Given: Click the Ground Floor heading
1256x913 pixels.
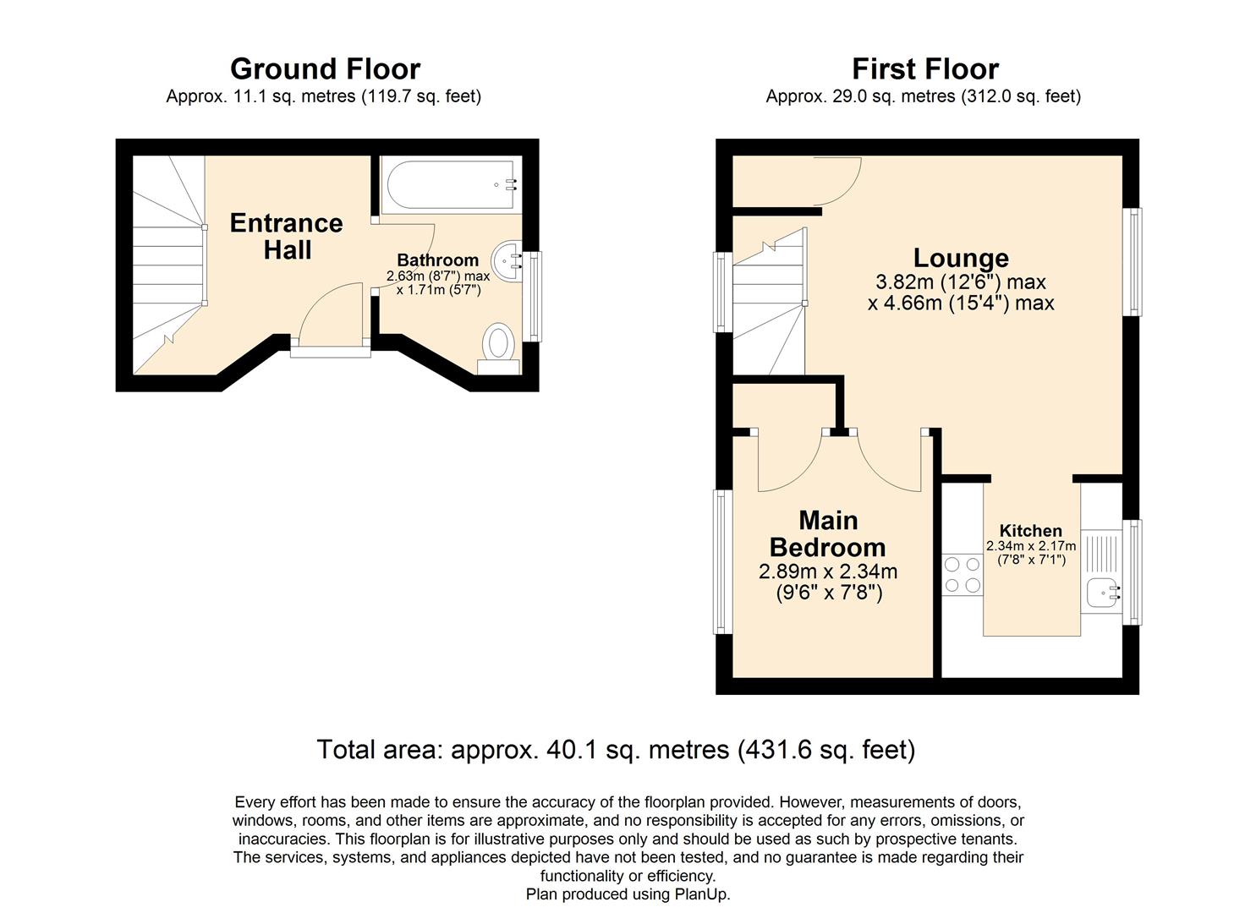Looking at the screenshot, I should [325, 68].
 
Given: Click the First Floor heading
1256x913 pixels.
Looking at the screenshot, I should [924, 68].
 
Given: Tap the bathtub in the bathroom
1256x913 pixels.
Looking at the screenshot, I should [448, 186].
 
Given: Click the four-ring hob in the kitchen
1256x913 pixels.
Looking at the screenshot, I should [963, 574].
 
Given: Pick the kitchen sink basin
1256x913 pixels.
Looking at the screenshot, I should [1105, 594].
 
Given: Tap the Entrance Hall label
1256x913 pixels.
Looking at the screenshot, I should [287, 236].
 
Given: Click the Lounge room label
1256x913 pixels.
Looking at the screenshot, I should [961, 258].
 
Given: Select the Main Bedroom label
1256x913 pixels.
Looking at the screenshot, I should [828, 533].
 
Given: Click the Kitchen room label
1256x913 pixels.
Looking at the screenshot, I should [1030, 531].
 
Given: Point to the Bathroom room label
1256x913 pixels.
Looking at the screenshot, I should [437, 260].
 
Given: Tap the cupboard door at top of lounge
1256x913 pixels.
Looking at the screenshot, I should [837, 180].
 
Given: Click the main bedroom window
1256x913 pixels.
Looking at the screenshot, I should [721, 561].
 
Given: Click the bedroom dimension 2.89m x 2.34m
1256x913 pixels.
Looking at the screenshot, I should [828, 571].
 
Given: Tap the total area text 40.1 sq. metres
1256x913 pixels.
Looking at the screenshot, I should [616, 750].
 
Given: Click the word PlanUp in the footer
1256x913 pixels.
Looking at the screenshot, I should [700, 894].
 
